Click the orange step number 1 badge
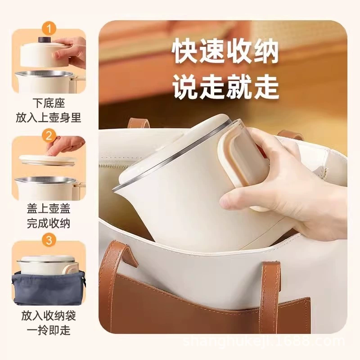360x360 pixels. pos(49,29)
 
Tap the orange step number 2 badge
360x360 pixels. pos(49,136)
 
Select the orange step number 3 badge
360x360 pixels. pos(49,240)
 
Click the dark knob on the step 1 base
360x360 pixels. pos(44,39)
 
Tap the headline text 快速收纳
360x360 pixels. pos(225,52)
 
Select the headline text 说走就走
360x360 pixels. pos(225,87)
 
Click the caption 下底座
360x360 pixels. pos(49,103)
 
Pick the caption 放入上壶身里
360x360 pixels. pos(49,118)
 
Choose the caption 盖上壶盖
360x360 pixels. pos(49,208)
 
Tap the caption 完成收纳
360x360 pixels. pos(49,223)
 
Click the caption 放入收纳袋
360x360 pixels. pos(49,316)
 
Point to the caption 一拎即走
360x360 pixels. pos(49,330)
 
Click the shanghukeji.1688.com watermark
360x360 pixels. pos(264,342)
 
